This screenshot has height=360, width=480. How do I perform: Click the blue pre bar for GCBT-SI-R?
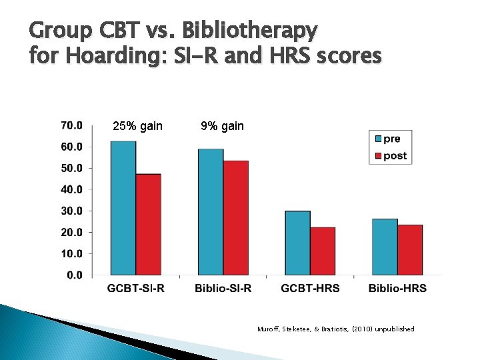click(x=123, y=208)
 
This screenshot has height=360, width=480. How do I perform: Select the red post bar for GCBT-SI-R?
click(x=148, y=224)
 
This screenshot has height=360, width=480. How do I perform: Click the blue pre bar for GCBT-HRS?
click(x=297, y=243)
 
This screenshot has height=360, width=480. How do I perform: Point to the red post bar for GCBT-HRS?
click(x=323, y=251)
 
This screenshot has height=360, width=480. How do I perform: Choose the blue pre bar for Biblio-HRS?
click(x=385, y=247)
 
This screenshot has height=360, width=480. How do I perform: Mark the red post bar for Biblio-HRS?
click(x=410, y=249)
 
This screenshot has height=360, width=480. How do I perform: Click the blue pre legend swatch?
click(x=377, y=139)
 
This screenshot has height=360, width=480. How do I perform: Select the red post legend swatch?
click(x=377, y=156)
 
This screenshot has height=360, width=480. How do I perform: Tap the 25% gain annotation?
click(x=137, y=126)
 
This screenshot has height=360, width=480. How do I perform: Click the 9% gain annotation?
click(x=223, y=126)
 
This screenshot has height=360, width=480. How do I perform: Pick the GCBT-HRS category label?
click(x=310, y=288)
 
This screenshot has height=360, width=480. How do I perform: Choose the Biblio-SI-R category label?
click(x=223, y=288)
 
